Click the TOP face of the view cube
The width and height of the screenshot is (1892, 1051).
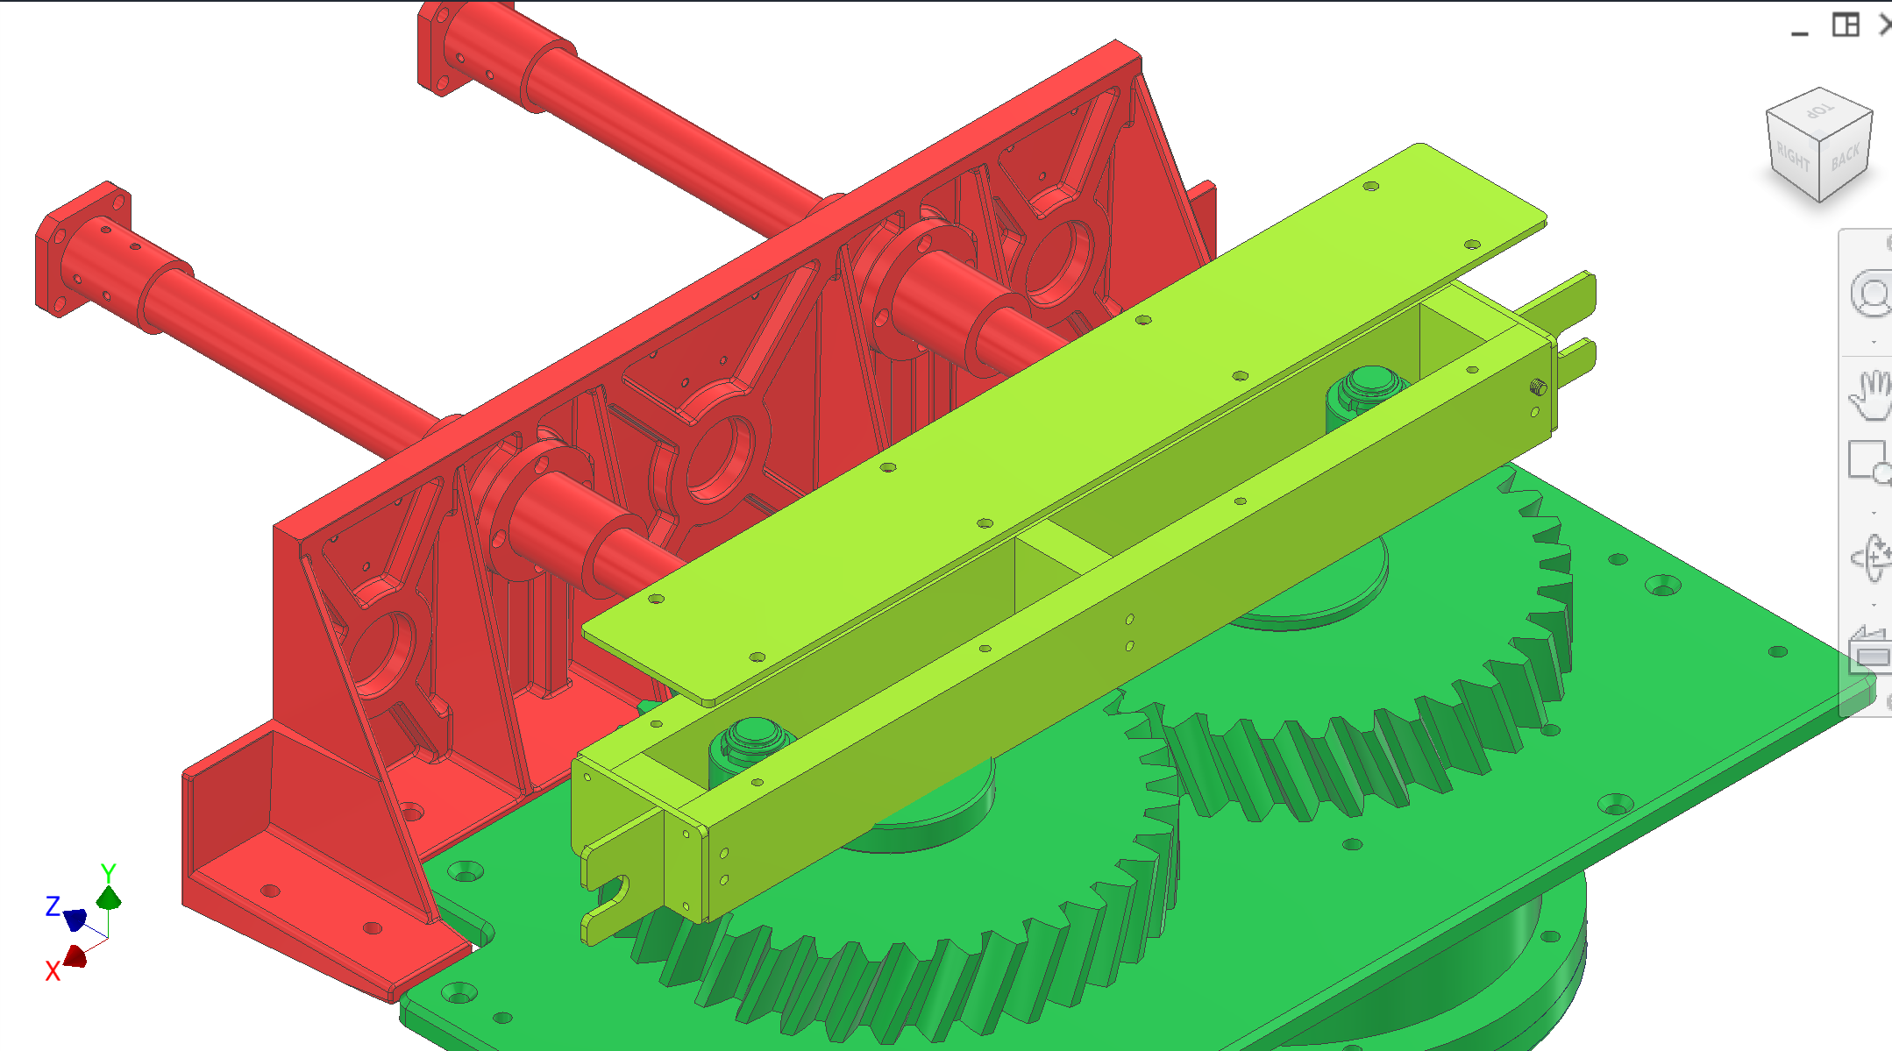(1819, 112)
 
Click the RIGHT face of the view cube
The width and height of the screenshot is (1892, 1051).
(1792, 159)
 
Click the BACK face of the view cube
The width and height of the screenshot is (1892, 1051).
(1846, 158)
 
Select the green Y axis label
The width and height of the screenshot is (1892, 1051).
(108, 873)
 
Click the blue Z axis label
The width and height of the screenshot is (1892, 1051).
(53, 905)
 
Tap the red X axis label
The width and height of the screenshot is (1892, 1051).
(53, 970)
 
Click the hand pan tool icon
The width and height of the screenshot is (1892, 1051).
(1871, 394)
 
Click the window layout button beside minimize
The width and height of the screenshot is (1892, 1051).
(1846, 25)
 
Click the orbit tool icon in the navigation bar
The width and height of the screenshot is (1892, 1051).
(1871, 557)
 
